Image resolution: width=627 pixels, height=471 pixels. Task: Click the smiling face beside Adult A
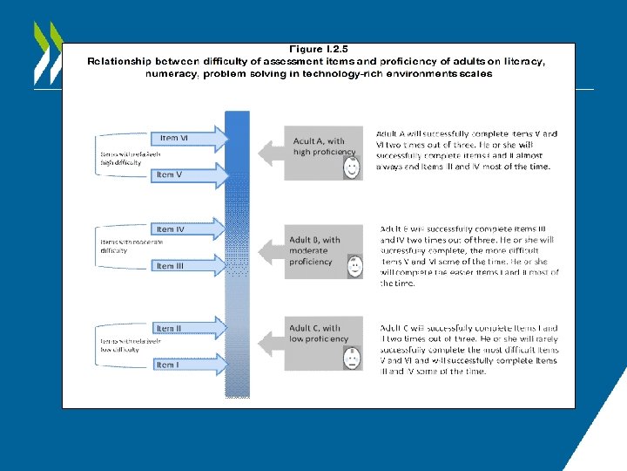click(x=352, y=167)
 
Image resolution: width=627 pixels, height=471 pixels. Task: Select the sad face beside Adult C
click(x=352, y=358)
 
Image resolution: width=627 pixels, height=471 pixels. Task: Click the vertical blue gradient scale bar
click(x=237, y=253)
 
